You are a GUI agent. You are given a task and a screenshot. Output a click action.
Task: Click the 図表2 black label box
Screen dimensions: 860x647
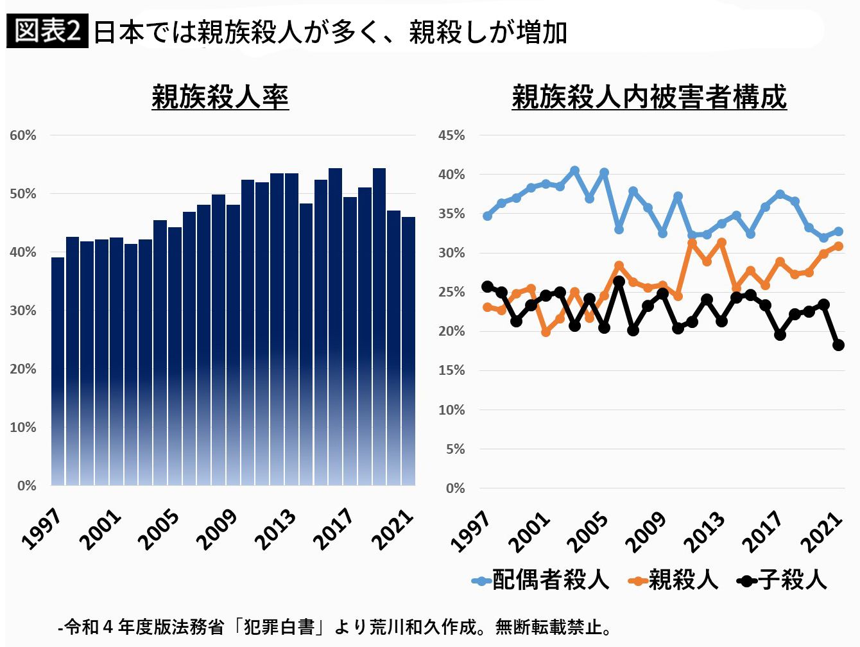(47, 31)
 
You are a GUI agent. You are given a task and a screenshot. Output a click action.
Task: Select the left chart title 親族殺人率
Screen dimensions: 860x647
(220, 97)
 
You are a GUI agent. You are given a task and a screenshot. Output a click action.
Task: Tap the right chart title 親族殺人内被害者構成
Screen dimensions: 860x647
(649, 97)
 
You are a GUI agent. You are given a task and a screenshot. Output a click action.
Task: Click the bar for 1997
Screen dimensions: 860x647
(58, 372)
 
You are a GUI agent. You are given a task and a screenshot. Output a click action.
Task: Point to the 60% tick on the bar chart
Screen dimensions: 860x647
(23, 135)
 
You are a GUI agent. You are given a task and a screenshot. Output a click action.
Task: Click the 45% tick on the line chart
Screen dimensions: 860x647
(452, 135)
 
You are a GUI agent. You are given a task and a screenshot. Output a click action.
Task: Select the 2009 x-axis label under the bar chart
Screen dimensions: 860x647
(217, 529)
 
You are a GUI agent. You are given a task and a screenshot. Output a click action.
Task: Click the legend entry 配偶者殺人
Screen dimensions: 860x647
(540, 580)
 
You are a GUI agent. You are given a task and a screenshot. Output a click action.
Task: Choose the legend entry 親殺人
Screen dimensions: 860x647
(673, 580)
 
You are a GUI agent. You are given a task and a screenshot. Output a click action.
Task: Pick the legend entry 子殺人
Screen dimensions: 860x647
(782, 580)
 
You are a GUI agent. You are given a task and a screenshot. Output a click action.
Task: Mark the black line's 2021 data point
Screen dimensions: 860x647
(838, 345)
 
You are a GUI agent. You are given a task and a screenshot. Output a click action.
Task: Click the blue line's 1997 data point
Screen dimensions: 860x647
(487, 216)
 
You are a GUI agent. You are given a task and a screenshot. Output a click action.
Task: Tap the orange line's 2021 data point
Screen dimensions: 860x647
(838, 246)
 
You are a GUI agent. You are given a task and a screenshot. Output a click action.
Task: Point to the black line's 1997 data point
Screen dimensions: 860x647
(487, 287)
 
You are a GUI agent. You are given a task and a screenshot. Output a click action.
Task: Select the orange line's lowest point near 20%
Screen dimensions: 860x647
(546, 332)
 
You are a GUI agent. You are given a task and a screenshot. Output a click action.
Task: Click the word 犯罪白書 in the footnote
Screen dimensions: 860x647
(279, 627)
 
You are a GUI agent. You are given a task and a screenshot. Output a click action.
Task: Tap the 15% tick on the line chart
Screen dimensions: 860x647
(452, 371)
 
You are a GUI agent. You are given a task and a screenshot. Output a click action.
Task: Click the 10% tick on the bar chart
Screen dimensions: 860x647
(23, 427)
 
